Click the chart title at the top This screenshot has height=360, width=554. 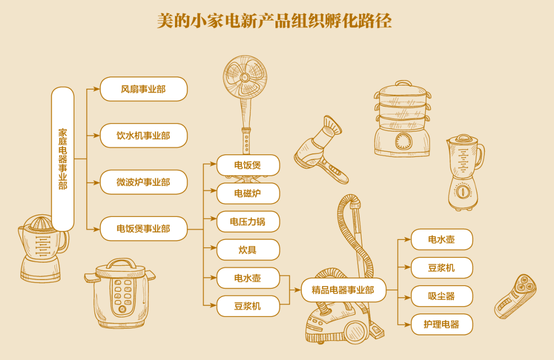277,21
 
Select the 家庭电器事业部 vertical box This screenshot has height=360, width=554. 63,159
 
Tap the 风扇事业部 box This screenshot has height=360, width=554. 144,89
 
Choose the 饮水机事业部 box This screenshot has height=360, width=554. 144,135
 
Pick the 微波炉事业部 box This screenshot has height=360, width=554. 144,182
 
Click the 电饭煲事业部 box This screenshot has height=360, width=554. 144,229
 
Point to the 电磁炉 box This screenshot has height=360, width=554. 248,193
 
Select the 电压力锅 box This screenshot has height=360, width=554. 248,222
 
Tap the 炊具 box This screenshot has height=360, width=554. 248,250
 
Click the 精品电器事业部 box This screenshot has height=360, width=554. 343,290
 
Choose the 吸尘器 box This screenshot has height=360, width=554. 442,296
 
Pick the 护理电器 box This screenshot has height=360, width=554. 442,324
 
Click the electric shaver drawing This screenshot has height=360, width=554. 516,296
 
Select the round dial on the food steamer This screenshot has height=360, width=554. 403,141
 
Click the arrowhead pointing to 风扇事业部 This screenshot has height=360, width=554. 97,89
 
